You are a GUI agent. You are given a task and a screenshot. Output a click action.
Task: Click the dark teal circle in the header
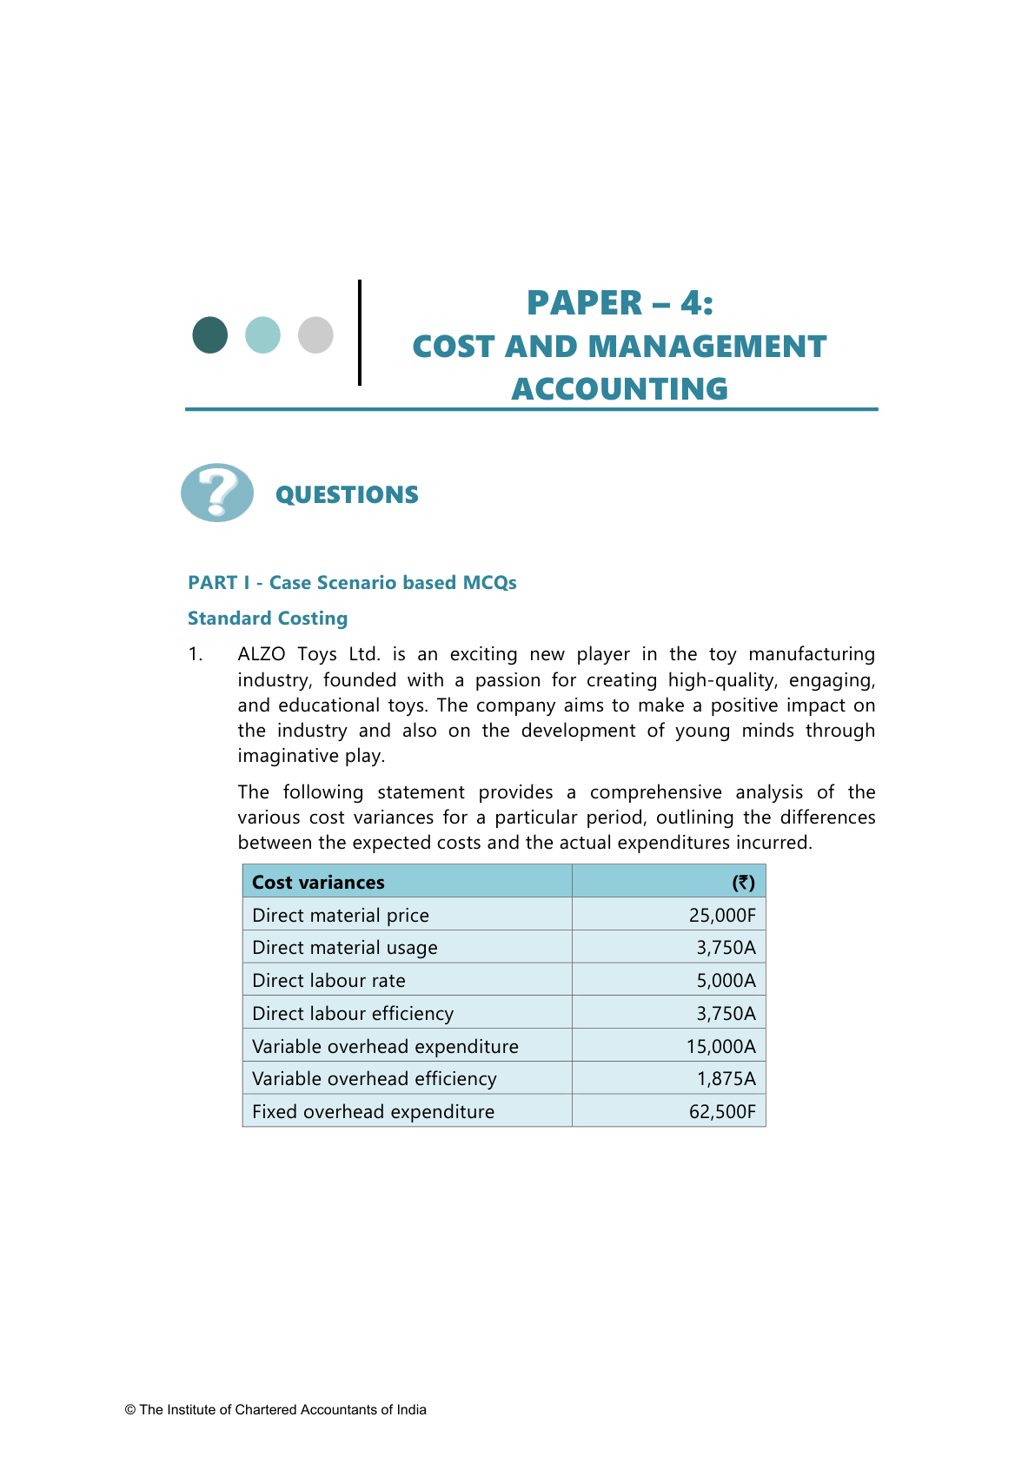point(210,334)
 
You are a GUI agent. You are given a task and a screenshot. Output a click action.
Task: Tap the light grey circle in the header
point(315,334)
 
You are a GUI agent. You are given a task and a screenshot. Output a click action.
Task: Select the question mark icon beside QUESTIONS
point(217,493)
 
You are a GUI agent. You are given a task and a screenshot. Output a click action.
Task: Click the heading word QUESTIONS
point(347,495)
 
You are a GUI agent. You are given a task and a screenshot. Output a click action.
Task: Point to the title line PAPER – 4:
point(620,303)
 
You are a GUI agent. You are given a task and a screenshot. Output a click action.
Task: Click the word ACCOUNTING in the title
point(620,388)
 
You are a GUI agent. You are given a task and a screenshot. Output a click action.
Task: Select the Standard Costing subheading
point(268,619)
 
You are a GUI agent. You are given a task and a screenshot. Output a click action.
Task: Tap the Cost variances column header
point(318,883)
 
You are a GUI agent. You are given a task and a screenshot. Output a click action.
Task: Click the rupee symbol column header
point(743,883)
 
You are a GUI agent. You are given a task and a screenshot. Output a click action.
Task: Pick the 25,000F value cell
point(722,916)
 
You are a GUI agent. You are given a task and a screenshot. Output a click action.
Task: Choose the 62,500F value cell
point(722,1112)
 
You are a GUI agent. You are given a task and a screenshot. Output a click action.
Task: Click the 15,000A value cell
point(720,1047)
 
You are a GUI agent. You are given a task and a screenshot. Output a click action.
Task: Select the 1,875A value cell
point(726,1079)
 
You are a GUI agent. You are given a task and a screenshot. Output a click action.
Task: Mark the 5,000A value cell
point(726,981)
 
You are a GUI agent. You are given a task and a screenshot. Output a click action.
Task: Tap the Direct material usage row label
point(345,948)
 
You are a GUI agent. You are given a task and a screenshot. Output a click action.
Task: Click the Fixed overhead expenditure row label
point(373,1112)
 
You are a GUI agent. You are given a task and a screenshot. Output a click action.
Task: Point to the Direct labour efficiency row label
point(353,1014)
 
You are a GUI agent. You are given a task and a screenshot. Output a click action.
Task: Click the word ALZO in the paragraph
point(262,654)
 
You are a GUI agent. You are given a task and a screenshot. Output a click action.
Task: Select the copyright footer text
point(275,1410)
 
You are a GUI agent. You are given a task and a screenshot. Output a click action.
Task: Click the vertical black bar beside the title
point(360,332)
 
